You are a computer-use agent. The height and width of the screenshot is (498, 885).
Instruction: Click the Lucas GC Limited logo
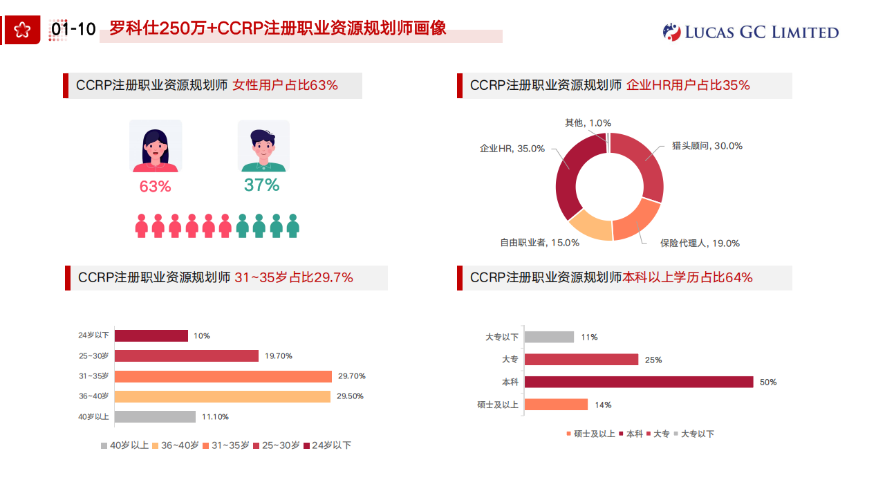[x=751, y=32]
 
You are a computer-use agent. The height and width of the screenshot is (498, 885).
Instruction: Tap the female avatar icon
[x=156, y=146]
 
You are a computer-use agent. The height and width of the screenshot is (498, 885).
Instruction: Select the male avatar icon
[x=263, y=146]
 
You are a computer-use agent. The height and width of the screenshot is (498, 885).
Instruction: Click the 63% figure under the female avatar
[x=155, y=187]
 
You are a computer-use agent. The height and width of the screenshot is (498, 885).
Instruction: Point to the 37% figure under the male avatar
[x=261, y=185]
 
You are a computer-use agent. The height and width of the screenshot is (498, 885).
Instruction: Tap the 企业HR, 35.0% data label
[x=512, y=149]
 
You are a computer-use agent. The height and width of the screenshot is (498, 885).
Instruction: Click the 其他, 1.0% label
[x=588, y=123]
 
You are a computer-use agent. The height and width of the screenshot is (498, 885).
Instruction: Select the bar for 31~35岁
[x=223, y=376]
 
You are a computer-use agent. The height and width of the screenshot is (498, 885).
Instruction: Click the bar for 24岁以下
[x=151, y=335]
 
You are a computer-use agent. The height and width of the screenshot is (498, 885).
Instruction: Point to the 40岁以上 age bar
[x=155, y=416]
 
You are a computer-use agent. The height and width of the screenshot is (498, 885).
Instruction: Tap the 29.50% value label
[x=351, y=396]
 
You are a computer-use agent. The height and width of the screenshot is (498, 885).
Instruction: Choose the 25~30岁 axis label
[x=94, y=356]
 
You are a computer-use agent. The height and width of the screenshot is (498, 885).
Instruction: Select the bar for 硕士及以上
[x=556, y=405]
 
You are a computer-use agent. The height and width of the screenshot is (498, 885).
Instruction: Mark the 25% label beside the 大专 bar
[x=653, y=360]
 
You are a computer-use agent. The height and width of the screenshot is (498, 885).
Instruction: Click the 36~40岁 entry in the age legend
[x=176, y=445]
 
